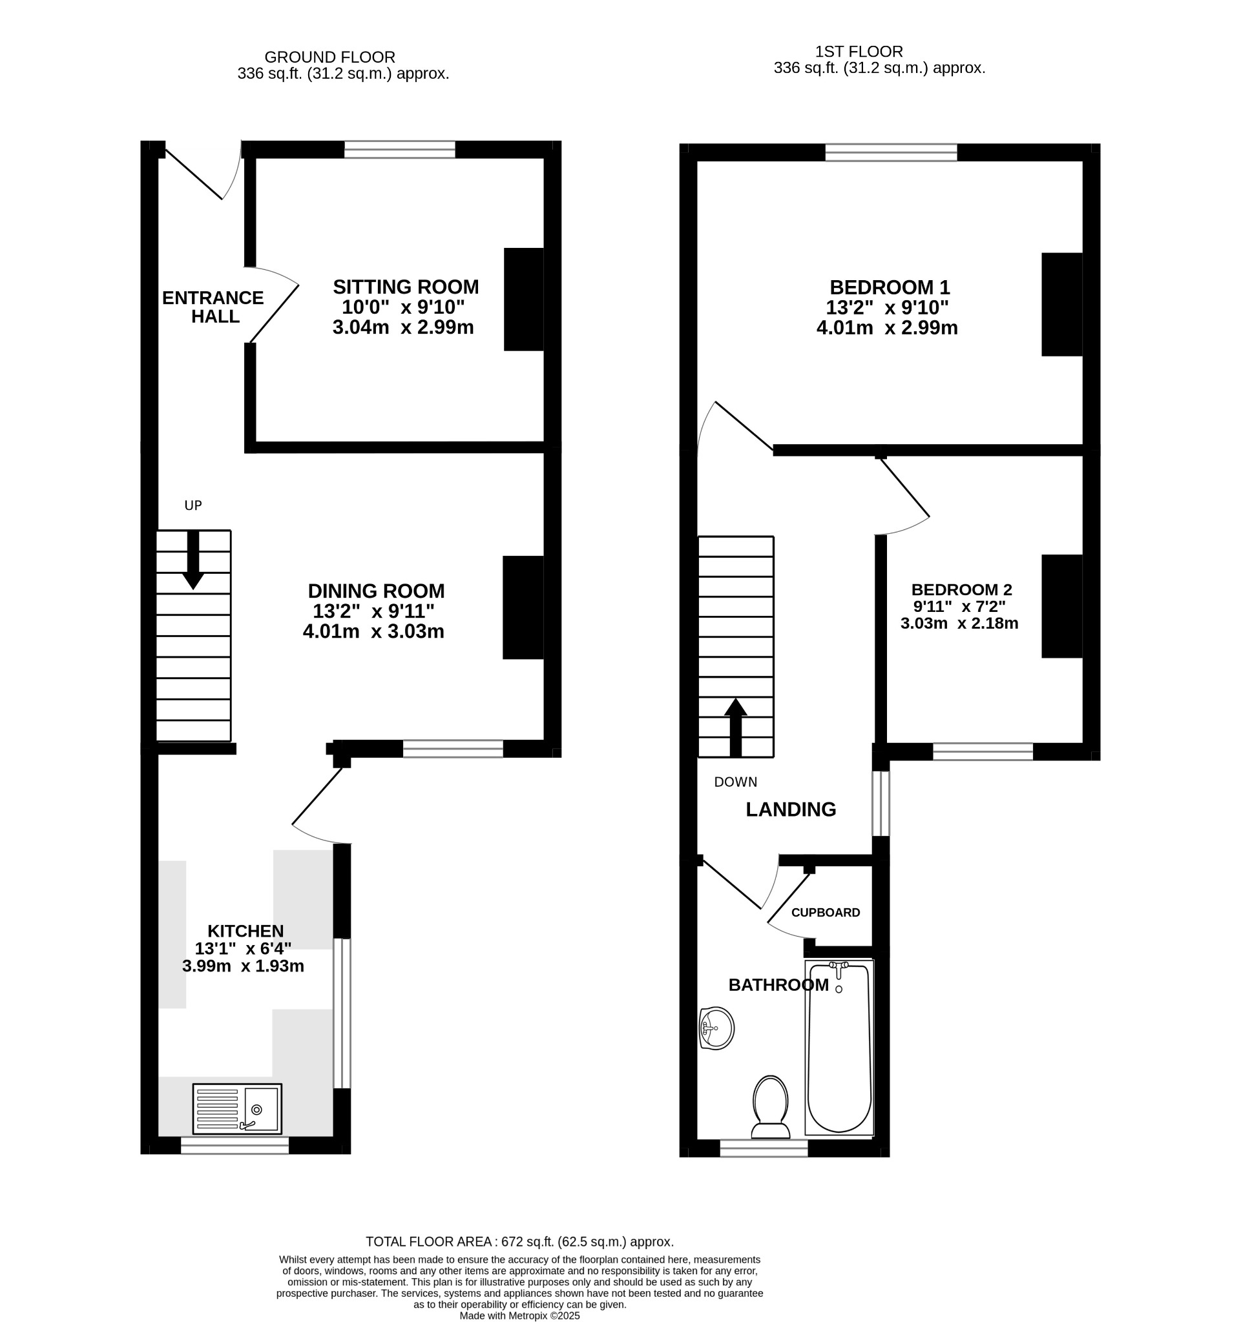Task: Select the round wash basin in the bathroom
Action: (x=716, y=1028)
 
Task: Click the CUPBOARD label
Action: (x=825, y=912)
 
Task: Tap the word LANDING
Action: (x=791, y=809)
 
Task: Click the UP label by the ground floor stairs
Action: (x=193, y=505)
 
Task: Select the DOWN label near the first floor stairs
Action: (x=735, y=782)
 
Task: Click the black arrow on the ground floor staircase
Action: (x=193, y=560)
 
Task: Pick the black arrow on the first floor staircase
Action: (x=735, y=727)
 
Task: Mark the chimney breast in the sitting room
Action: (x=524, y=300)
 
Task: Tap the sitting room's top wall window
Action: (x=399, y=150)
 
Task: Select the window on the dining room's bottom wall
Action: (x=453, y=749)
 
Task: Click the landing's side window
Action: (x=881, y=803)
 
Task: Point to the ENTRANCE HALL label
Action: (x=213, y=307)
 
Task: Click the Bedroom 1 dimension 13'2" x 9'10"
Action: (x=887, y=308)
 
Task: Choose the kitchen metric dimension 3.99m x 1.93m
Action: (x=243, y=966)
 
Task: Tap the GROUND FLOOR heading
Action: (x=330, y=57)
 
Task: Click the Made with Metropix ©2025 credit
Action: (x=519, y=1316)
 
